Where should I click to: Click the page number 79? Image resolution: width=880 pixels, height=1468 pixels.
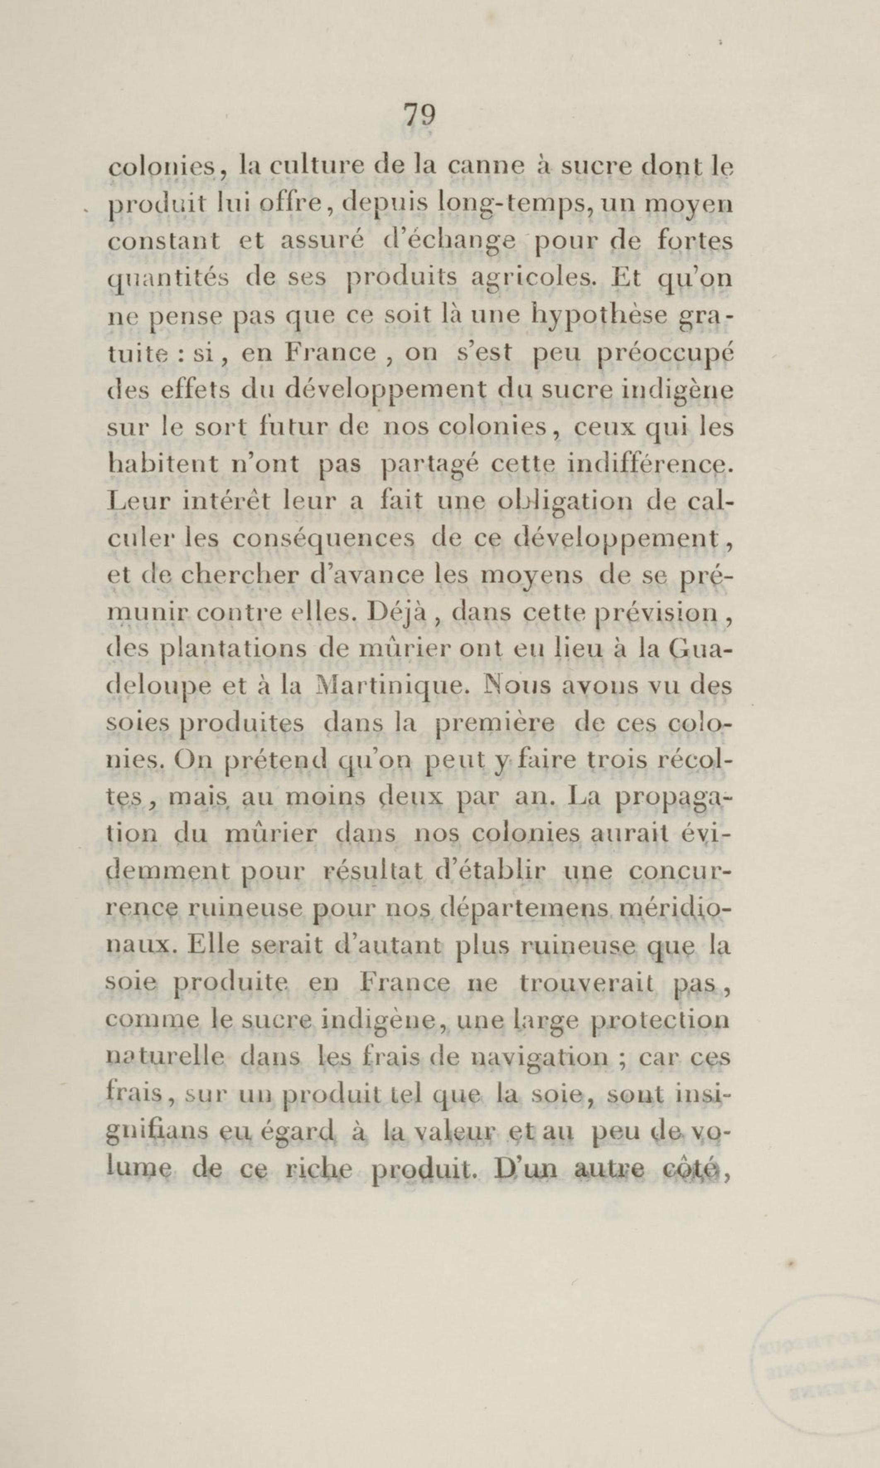point(420,114)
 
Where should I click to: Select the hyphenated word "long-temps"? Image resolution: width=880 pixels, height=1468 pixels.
point(515,206)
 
